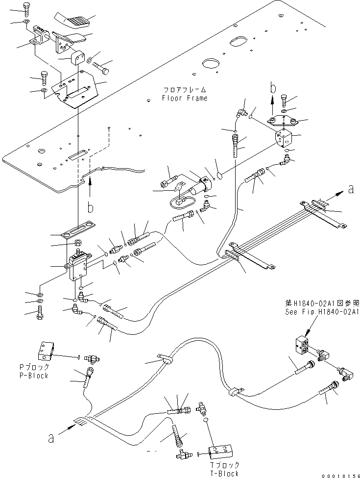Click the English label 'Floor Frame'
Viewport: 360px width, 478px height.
pos(184,98)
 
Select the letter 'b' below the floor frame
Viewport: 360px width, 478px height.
pos(90,208)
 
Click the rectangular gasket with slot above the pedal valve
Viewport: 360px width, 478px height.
pos(78,229)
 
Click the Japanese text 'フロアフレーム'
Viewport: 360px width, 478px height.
pos(184,90)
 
